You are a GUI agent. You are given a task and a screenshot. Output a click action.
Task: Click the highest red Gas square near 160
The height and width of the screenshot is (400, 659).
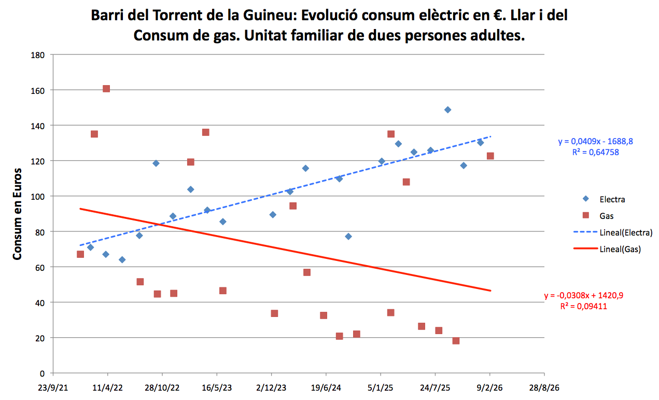point(106,89)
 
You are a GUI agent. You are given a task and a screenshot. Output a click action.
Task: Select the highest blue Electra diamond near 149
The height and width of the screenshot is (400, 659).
point(447,110)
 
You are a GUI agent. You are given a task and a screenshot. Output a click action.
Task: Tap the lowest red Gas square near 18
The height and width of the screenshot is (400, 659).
point(456,341)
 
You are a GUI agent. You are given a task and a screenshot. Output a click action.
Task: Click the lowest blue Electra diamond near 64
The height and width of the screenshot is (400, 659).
point(122,259)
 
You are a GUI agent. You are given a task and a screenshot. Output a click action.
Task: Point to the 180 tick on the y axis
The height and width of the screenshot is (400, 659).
point(39,55)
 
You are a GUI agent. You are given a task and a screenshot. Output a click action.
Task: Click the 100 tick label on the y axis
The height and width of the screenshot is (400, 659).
point(39,197)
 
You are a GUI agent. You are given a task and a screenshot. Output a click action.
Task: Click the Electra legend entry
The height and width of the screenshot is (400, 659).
point(612,199)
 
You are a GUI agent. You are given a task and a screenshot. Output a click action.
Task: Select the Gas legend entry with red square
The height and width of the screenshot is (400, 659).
point(607,216)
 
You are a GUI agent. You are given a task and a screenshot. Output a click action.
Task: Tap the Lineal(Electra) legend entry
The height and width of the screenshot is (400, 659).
point(625,232)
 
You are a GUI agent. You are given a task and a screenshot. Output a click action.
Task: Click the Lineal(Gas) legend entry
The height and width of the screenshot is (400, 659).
point(620,249)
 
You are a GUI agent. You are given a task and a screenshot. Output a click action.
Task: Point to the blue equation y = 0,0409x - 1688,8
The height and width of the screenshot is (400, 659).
point(594,141)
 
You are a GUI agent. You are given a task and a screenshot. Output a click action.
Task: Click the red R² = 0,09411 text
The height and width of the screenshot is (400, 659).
point(583,307)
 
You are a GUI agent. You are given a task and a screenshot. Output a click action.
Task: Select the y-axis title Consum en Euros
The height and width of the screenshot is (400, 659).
point(18,213)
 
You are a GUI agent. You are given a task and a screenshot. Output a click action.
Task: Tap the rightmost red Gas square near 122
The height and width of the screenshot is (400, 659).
point(490,156)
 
